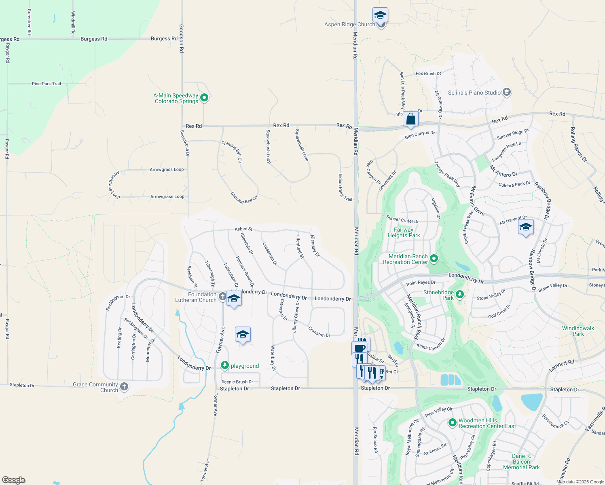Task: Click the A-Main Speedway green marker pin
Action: (x=204, y=97)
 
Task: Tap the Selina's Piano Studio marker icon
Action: (x=506, y=93)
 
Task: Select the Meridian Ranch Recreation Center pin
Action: (x=434, y=259)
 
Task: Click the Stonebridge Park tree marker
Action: (x=459, y=295)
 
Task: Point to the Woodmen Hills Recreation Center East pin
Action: (x=453, y=423)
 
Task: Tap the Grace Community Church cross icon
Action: (x=124, y=387)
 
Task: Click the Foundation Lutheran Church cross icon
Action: (x=222, y=297)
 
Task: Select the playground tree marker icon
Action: (x=224, y=366)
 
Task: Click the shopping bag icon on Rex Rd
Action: (x=410, y=119)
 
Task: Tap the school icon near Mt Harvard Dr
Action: (x=526, y=227)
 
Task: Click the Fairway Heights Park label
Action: (x=404, y=232)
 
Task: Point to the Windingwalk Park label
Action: (x=578, y=331)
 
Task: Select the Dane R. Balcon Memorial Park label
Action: (x=521, y=462)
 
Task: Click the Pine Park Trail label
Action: (x=46, y=84)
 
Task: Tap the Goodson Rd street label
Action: (x=181, y=38)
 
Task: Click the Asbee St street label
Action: (x=243, y=229)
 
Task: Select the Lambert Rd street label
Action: (x=561, y=365)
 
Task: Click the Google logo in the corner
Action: (x=13, y=480)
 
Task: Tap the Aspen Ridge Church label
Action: (x=350, y=25)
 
